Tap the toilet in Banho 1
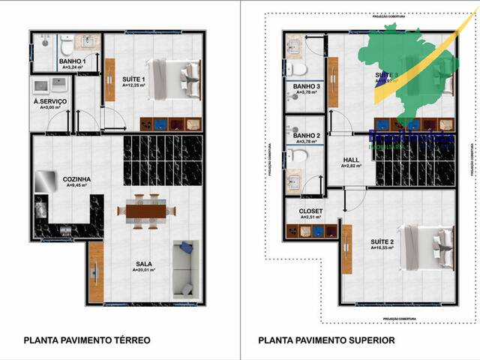click(x=65, y=47)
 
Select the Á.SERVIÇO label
click(x=50, y=101)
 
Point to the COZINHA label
click(x=78, y=179)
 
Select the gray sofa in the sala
click(x=184, y=268)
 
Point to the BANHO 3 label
click(x=307, y=87)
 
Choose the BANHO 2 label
click(x=307, y=136)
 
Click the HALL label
click(x=351, y=160)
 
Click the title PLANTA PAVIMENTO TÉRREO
click(x=87, y=340)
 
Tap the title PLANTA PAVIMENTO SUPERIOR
click(x=326, y=340)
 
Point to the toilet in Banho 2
click(x=298, y=157)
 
